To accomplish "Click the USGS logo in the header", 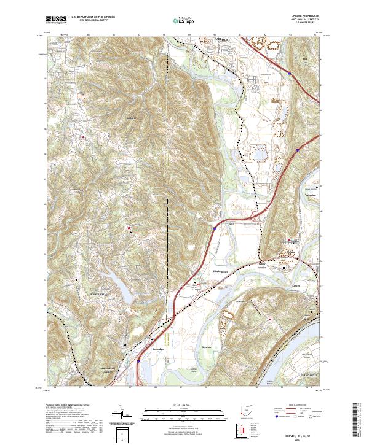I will pyautogui.click(x=55, y=20).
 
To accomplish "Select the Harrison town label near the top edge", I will pyautogui.click(x=212, y=38).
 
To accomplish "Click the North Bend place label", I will pyautogui.click(x=306, y=316).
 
